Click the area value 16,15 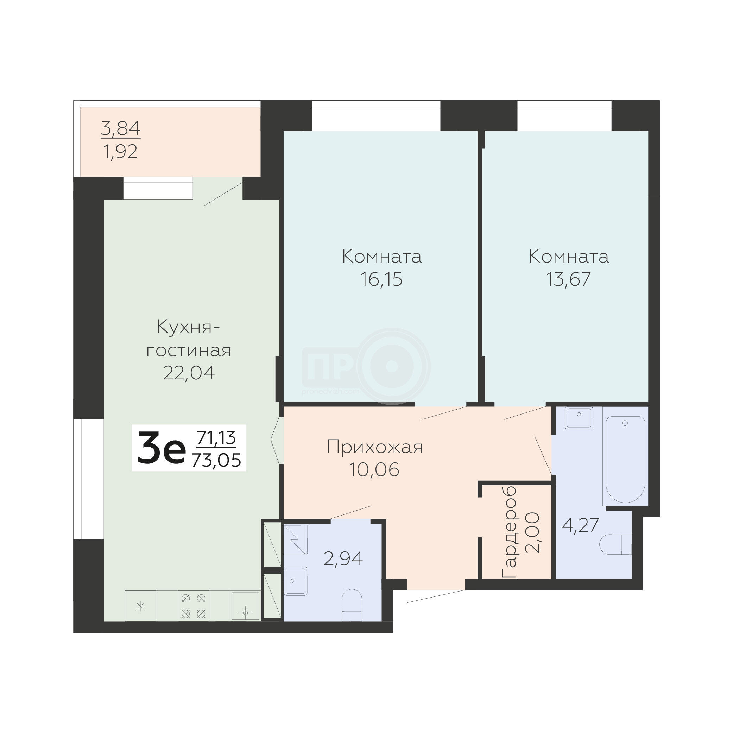tap(381, 280)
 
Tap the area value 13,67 tap(568, 280)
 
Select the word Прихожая tap(374, 447)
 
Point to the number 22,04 tap(189, 373)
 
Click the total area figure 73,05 tap(216, 461)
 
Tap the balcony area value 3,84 tap(121, 128)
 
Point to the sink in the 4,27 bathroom tap(579, 418)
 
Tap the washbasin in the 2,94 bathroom tap(296, 581)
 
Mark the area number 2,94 tap(343, 558)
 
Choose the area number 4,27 tap(581, 525)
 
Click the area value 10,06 tap(374, 470)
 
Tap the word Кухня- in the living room tap(189, 327)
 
